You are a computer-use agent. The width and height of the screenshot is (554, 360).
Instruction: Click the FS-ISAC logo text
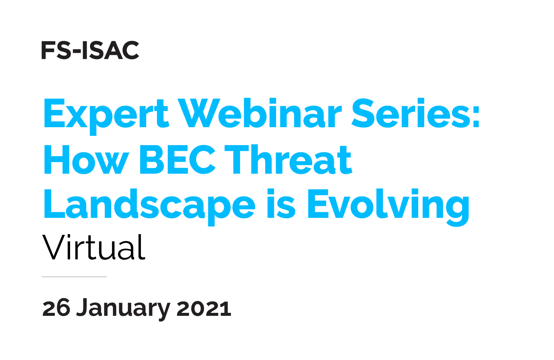tap(90, 50)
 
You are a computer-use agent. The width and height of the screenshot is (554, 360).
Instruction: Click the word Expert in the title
tap(107, 117)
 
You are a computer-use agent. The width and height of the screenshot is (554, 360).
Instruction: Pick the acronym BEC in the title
tap(178, 159)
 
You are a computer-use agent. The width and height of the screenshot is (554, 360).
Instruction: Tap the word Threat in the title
tap(288, 159)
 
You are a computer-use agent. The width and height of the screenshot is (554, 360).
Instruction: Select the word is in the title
tap(281, 204)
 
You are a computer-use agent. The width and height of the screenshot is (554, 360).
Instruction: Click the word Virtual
tap(94, 247)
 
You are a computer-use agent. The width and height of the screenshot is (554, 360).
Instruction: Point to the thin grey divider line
tap(74, 277)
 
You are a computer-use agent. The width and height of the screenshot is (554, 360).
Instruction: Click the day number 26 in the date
tap(56, 308)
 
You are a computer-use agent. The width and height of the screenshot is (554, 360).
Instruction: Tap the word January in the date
tap(123, 309)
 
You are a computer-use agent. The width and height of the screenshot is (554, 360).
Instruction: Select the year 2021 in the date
tap(204, 308)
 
